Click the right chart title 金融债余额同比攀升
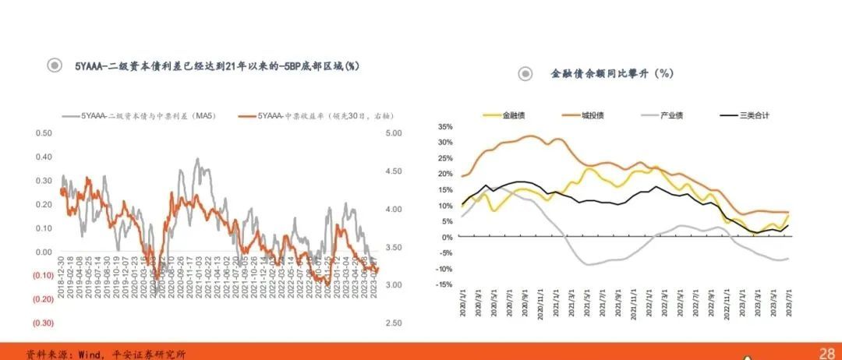click(611, 73)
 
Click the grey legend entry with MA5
click(148, 116)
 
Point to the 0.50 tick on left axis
click(43, 133)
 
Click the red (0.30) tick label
click(42, 323)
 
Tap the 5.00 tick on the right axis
click(394, 133)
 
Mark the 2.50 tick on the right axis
click(394, 323)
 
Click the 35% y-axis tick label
click(444, 126)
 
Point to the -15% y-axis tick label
click(444, 284)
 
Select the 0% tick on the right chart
click(447, 237)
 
